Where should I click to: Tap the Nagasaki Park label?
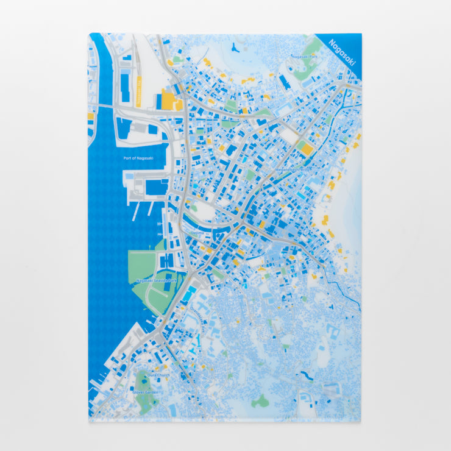pyautogui.click(x=305, y=57)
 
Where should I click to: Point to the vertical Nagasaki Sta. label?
pyautogui.click(x=139, y=92)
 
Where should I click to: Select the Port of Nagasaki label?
pyautogui.click(x=138, y=158)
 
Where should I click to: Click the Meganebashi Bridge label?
pyautogui.click(x=294, y=169)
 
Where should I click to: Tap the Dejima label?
pyautogui.click(x=197, y=232)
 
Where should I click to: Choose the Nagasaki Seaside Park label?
pyautogui.click(x=156, y=280)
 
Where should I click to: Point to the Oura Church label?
pyautogui.click(x=158, y=375)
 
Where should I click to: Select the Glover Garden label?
pyautogui.click(x=146, y=392)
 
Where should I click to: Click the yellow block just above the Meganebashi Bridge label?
pyautogui.click(x=307, y=148)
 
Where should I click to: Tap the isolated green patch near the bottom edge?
pyautogui.click(x=260, y=401)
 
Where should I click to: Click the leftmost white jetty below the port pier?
pyautogui.click(x=135, y=209)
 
